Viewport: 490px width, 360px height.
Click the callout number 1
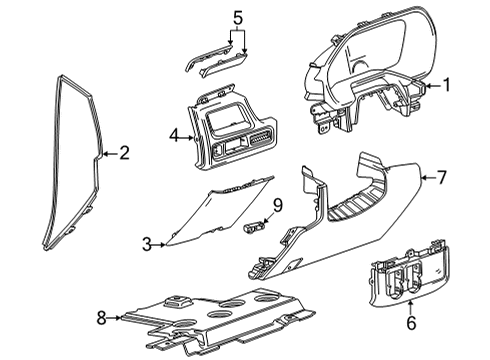[x=446, y=86]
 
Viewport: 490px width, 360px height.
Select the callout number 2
[x=124, y=153]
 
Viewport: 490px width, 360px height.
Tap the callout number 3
[x=145, y=244]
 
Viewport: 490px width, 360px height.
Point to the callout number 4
[x=173, y=134]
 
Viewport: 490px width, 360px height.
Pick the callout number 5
[x=237, y=17]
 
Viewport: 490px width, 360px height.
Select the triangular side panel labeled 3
[x=210, y=225]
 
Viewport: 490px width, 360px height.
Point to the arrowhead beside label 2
[x=105, y=154]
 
